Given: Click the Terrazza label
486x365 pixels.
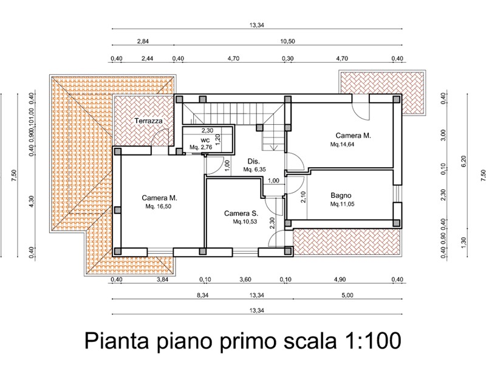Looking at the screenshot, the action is pos(148,120).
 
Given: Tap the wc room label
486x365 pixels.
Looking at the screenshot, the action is pos(205,141).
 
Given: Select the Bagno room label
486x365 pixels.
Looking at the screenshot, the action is pos(341,195).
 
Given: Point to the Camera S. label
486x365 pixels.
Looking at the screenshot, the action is pos(241,214).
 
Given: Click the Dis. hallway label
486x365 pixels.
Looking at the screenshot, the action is pos(253,161).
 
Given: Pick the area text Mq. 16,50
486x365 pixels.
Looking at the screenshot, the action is pos(159,206).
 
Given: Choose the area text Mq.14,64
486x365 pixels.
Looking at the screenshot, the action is pos(342,144).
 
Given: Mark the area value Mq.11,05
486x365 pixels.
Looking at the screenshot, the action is pos(342,204).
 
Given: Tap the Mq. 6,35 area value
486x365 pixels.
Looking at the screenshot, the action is pos(255,170).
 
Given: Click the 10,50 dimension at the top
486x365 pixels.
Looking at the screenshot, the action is pos(287,41).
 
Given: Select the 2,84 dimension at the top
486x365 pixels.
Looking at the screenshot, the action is pos(143,41).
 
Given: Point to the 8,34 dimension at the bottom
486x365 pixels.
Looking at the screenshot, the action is pos(203,295).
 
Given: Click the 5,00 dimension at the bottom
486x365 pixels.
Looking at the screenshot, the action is pos(347,295).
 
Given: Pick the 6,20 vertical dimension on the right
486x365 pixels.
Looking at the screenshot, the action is pos(464,161).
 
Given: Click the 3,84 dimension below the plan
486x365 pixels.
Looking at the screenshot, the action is pos(162,279).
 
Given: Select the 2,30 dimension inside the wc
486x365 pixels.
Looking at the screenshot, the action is pos(207,131).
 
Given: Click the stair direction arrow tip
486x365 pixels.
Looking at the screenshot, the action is pos(273,150).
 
